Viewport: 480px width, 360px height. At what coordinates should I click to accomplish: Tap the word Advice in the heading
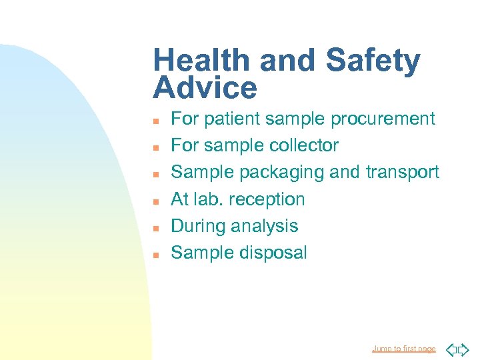click(205, 88)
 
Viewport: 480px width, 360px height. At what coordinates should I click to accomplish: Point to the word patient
click(231, 119)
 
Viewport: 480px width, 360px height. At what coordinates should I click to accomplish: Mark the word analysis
click(265, 226)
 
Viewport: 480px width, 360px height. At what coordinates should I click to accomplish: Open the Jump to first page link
click(404, 349)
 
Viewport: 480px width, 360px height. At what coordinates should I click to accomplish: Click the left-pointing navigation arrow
click(451, 349)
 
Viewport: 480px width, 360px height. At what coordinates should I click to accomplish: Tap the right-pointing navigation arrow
click(464, 349)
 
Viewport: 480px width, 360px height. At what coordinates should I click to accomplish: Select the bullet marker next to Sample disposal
click(155, 255)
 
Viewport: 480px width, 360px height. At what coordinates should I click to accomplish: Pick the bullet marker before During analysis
click(155, 228)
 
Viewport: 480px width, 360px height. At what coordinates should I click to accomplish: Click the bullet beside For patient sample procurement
click(155, 121)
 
